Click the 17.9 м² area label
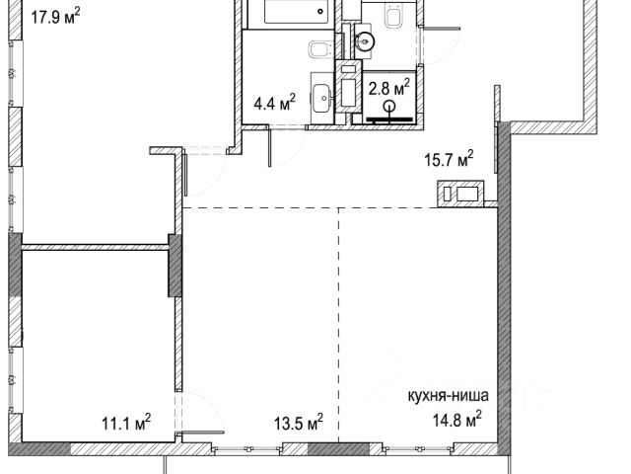pos(55,18)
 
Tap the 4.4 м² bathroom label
pos(275,104)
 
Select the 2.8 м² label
pos(389,88)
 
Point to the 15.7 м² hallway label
pos(450,160)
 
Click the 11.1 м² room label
pos(126,424)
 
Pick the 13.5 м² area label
pos(299,424)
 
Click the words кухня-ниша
pos(449,395)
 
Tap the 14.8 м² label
pos(457,421)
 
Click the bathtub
pos(296,11)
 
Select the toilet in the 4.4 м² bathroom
pos(320,49)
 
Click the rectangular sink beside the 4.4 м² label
pos(322,98)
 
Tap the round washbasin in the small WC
pos(365,40)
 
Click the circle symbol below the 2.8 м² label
pos(389,106)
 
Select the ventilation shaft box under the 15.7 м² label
pos(460,194)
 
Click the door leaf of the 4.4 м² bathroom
pos(268,146)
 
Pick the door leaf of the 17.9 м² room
pos(185,173)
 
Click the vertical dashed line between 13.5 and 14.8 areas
pos(338,325)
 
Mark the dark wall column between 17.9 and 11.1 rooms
pos(175,266)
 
